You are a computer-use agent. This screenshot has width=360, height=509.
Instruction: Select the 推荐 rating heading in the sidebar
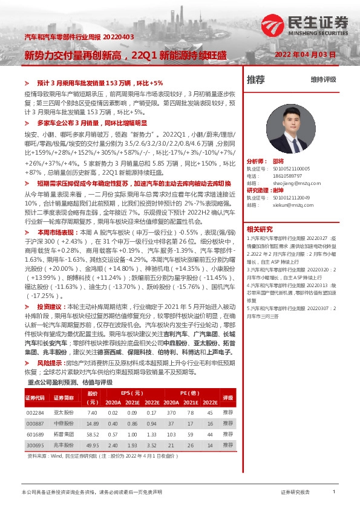(x=256, y=79)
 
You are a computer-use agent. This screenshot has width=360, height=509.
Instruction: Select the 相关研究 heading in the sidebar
(x=260, y=229)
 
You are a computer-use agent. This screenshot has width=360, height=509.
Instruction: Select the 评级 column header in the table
(x=227, y=398)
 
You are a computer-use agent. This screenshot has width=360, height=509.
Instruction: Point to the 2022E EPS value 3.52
(x=151, y=444)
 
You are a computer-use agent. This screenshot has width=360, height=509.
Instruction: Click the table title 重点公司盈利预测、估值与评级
(x=70, y=383)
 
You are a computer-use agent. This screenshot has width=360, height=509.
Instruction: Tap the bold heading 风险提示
(x=49, y=363)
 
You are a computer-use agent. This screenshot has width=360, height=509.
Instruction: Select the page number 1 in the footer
(x=334, y=492)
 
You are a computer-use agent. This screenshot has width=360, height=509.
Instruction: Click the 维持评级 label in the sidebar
(x=323, y=79)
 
